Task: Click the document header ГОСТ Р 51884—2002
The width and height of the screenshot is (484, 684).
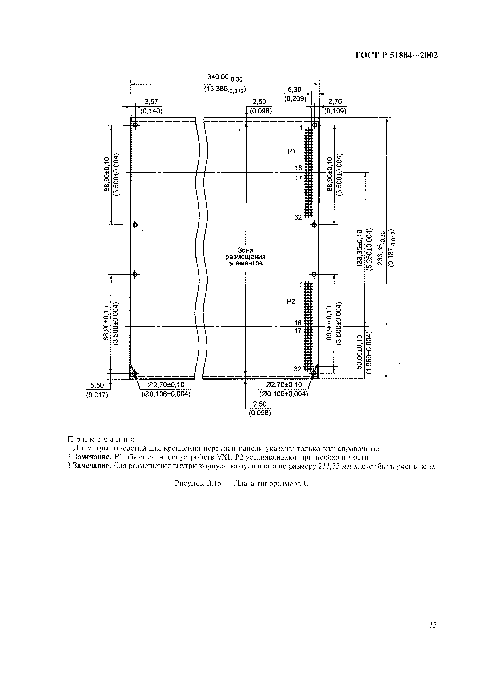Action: pyautogui.click(x=397, y=55)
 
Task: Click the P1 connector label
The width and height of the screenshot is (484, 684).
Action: pyautogui.click(x=291, y=151)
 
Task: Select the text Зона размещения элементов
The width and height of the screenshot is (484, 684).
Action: pyautogui.click(x=245, y=257)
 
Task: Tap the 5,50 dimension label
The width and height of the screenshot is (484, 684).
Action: pyautogui.click(x=97, y=385)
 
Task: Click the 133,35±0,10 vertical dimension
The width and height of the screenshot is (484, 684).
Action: pyautogui.click(x=359, y=248)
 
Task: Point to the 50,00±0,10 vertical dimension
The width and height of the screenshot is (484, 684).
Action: pyautogui.click(x=359, y=352)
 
